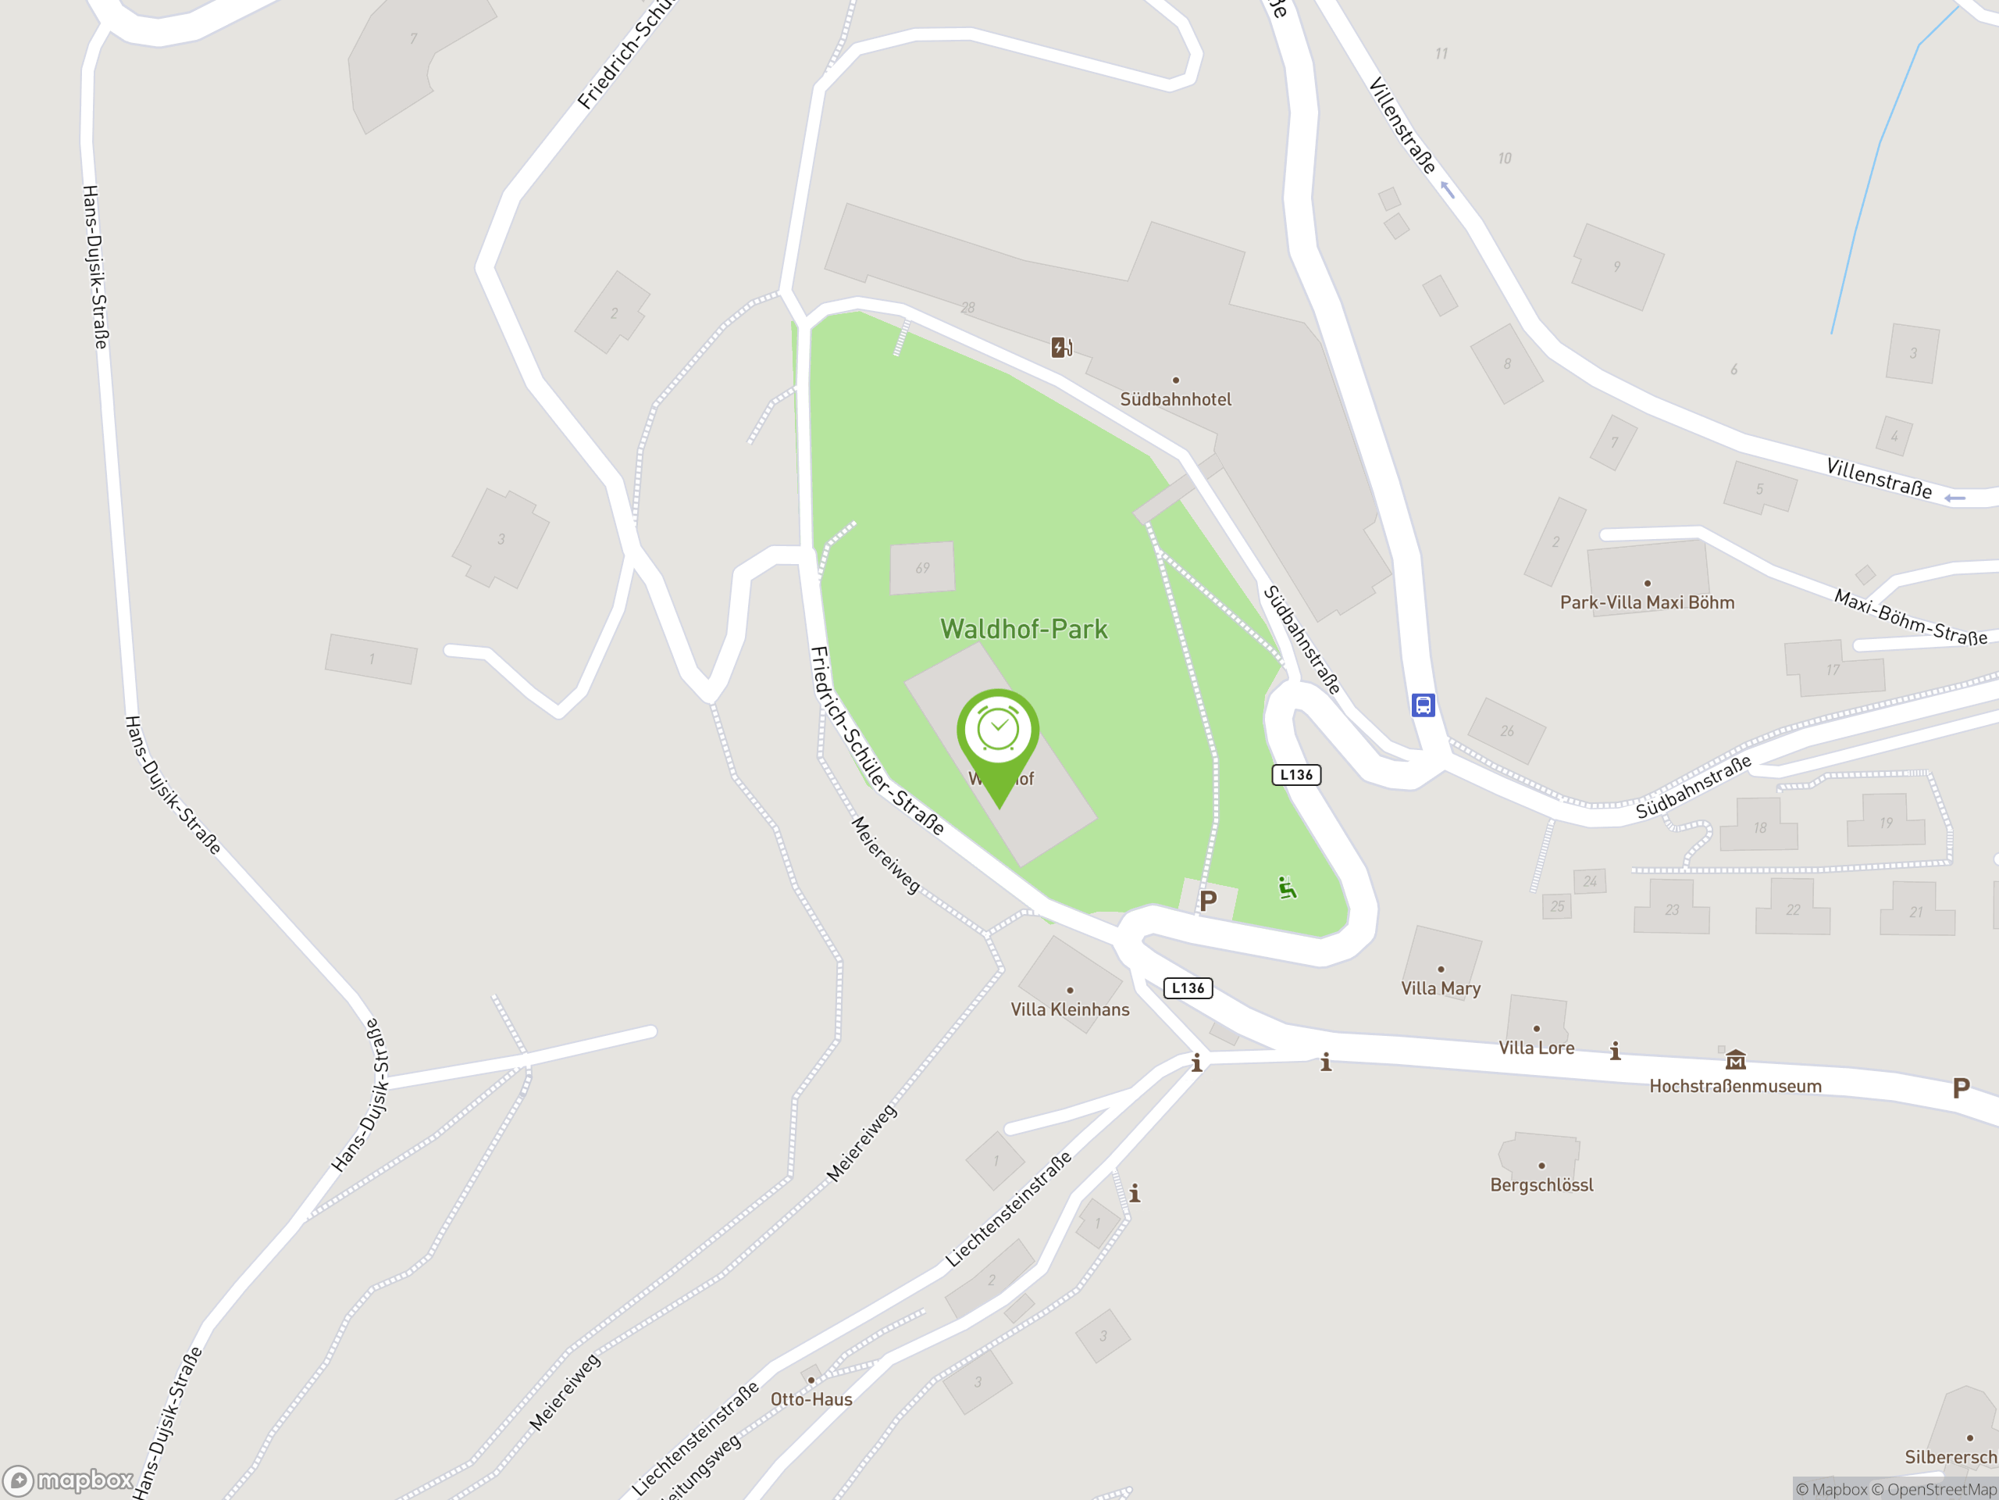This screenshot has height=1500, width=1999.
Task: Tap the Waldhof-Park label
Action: point(1024,629)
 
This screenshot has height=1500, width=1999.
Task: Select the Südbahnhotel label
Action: point(1175,398)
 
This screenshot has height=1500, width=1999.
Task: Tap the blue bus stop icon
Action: point(1423,705)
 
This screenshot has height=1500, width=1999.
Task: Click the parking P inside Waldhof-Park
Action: point(1208,901)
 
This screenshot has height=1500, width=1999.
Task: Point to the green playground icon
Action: point(1287,887)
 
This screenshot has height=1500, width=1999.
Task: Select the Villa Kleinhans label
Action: point(1070,1009)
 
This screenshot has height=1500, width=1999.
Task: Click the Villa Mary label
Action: point(1441,988)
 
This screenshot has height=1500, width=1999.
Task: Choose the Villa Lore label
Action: point(1536,1048)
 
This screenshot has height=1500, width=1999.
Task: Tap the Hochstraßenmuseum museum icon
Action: point(1735,1059)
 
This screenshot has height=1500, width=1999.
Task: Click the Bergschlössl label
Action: point(1541,1184)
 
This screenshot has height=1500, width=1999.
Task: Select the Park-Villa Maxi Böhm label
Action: point(1647,602)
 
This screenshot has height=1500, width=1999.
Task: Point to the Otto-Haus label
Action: point(811,1398)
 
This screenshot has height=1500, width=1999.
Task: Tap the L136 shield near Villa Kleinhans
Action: point(1188,988)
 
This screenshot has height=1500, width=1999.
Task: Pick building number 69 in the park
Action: point(921,569)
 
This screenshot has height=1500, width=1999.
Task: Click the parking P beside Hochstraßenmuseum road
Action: point(1961,1087)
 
